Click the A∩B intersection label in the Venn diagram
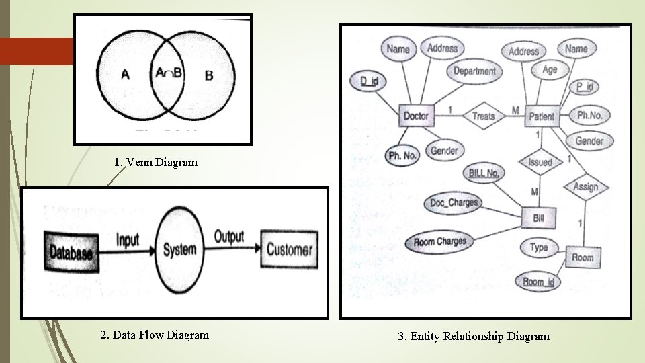[168, 73]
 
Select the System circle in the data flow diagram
[180, 250]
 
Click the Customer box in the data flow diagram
[290, 250]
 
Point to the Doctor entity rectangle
[415, 116]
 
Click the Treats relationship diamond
[483, 116]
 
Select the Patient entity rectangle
[542, 116]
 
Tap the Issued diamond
[540, 162]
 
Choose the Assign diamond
[585, 187]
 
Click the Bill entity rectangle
[538, 218]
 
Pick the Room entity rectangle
[583, 257]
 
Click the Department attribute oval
[474, 71]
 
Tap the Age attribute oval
[550, 69]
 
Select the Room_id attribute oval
[537, 282]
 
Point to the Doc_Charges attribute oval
[454, 202]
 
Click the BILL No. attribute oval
[484, 173]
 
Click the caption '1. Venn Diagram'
[156, 162]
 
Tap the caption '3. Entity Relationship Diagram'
[474, 336]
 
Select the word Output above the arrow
[229, 237]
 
